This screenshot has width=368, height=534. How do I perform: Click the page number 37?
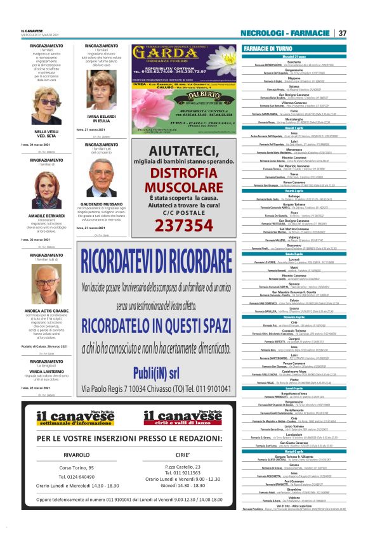pyautogui.click(x=342, y=33)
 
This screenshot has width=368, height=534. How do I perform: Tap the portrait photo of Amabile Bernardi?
pyautogui.click(x=45, y=192)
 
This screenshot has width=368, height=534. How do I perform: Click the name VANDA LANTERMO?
pyautogui.click(x=45, y=372)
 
